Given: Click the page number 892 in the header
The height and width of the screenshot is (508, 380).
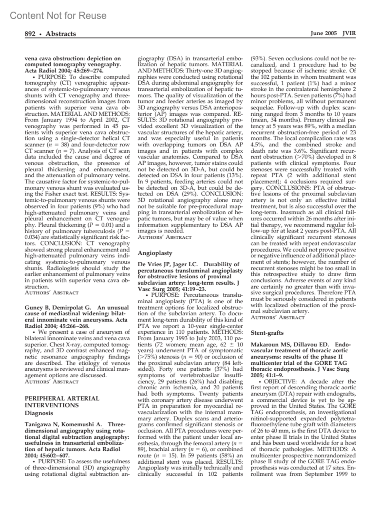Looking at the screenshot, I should click(30, 34).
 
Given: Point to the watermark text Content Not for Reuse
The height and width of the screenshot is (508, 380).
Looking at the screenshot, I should click(58, 15).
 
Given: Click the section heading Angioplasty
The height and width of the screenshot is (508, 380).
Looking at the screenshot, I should click(155, 253).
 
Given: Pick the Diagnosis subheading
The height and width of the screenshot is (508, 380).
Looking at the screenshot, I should click(39, 413).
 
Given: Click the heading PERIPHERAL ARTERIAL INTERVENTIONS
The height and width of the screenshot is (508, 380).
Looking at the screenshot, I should click(62, 402).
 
